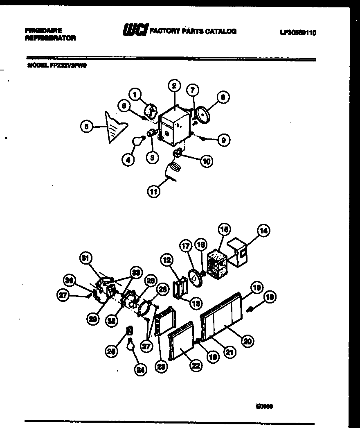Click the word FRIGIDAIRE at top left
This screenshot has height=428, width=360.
click(x=43, y=30)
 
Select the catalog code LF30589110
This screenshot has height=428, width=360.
click(x=298, y=33)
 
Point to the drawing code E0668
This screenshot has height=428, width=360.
click(x=265, y=406)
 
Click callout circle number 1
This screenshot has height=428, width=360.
click(x=135, y=95)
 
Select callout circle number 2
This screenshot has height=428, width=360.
click(x=174, y=86)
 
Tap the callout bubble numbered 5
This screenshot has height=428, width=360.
click(x=86, y=127)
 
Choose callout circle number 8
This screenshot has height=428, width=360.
click(x=223, y=97)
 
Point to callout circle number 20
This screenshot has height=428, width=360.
click(x=247, y=341)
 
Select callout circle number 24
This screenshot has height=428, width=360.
click(x=140, y=370)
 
